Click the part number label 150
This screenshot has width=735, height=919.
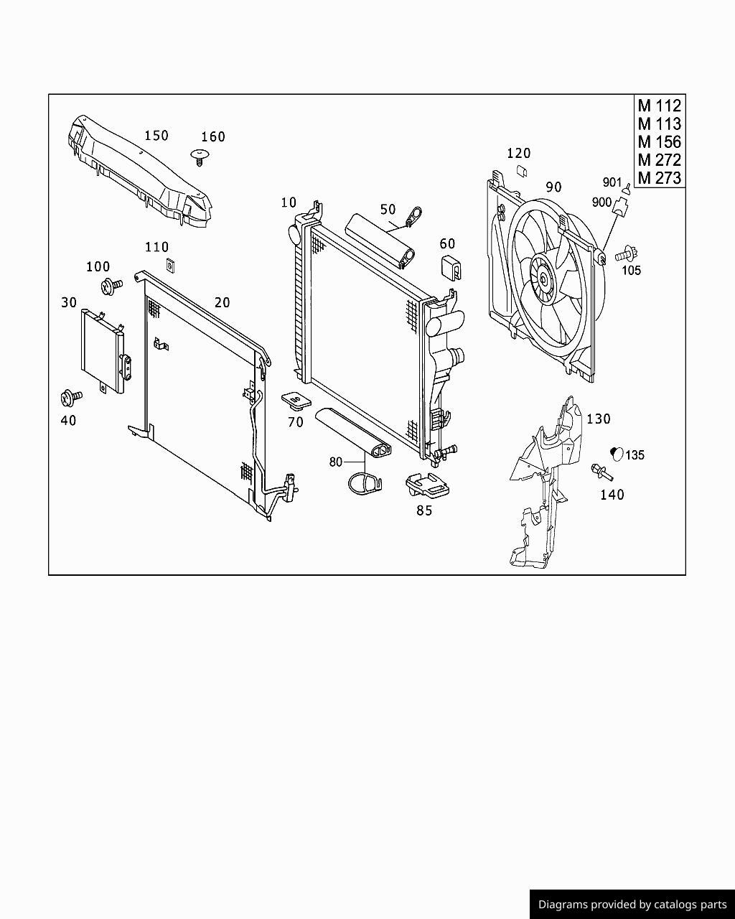156,136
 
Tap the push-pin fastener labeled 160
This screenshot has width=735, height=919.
200,157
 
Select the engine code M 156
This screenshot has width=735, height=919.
660,141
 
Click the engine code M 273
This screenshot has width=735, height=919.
660,177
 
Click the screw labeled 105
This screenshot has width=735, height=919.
626,254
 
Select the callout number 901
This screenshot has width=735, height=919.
612,182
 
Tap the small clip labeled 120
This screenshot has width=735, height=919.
522,171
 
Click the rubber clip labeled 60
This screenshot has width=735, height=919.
451,268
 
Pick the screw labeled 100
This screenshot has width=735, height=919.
111,286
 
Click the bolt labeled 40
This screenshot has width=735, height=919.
71,398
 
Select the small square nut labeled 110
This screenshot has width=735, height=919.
171,265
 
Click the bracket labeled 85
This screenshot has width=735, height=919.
427,485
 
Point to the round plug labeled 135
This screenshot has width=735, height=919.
617,454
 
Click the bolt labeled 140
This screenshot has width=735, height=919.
601,472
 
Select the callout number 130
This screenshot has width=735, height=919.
599,419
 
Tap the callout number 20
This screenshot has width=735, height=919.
222,303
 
